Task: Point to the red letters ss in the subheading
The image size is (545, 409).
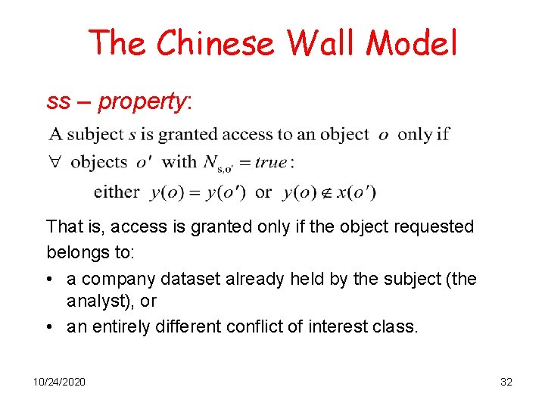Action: click(58, 101)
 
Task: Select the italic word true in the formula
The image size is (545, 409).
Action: click(270, 162)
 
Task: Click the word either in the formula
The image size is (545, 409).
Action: click(117, 192)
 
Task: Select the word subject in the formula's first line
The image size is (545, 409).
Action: click(95, 134)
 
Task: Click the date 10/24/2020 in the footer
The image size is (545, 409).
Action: click(59, 382)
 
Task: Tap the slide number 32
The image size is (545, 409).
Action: click(506, 382)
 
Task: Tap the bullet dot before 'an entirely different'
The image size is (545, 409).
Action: click(50, 327)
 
